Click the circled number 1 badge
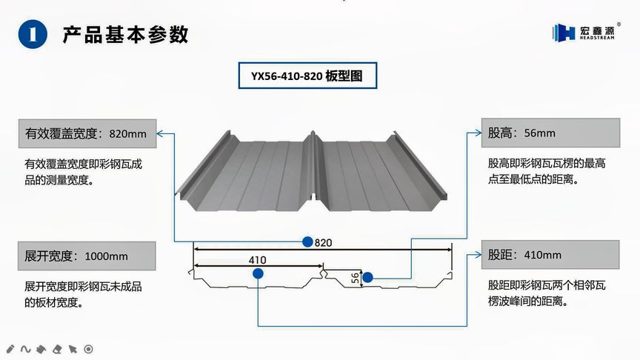pyautogui.click(x=32, y=34)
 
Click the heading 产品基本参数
pyautogui.click(x=125, y=34)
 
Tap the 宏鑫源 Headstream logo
pyautogui.click(x=588, y=32)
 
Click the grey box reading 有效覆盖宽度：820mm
pyautogui.click(x=86, y=134)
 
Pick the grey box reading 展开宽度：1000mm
pyautogui.click(x=86, y=256)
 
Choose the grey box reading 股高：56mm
pyautogui.click(x=551, y=133)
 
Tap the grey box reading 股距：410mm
pyautogui.click(x=551, y=255)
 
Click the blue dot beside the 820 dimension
pyautogui.click(x=307, y=241)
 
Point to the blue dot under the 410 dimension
pyautogui.click(x=257, y=273)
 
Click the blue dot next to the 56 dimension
pyautogui.click(x=367, y=278)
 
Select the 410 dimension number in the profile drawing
pyautogui.click(x=257, y=260)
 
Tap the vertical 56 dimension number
pyautogui.click(x=355, y=278)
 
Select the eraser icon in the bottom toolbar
pyautogui.click(x=57, y=348)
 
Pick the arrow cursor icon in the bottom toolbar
pyautogui.click(x=73, y=348)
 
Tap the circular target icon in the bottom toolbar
pyautogui.click(x=88, y=348)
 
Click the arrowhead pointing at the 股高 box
pyautogui.click(x=478, y=134)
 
